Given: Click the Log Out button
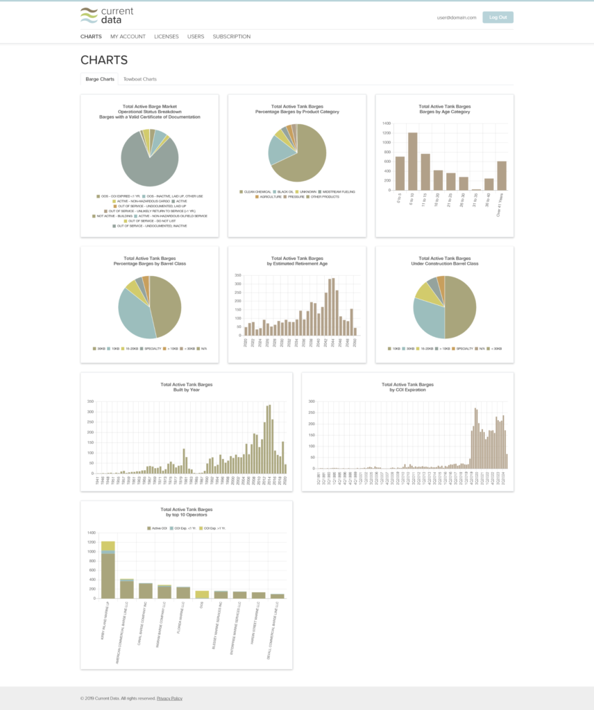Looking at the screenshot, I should pos(498,17).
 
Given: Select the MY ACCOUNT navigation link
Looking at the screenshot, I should pos(128,37).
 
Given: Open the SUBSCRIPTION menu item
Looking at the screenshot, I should pos(231,37).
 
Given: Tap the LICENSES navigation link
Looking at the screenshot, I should pos(166,37).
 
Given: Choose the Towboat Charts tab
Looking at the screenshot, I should pos(139,79).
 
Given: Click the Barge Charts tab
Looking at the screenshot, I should pos(99,79).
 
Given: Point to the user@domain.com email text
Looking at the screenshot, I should pos(457,17).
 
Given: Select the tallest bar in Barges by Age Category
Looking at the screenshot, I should pos(413,161).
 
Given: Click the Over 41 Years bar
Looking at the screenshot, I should pos(502,175).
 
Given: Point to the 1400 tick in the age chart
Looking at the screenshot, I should pos(385,123).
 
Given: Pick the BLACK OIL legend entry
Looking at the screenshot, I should pos(285,191).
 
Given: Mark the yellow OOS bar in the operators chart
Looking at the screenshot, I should pos(202,594).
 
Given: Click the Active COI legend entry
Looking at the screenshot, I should pos(159,528).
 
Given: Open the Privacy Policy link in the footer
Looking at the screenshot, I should pos(169,698).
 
